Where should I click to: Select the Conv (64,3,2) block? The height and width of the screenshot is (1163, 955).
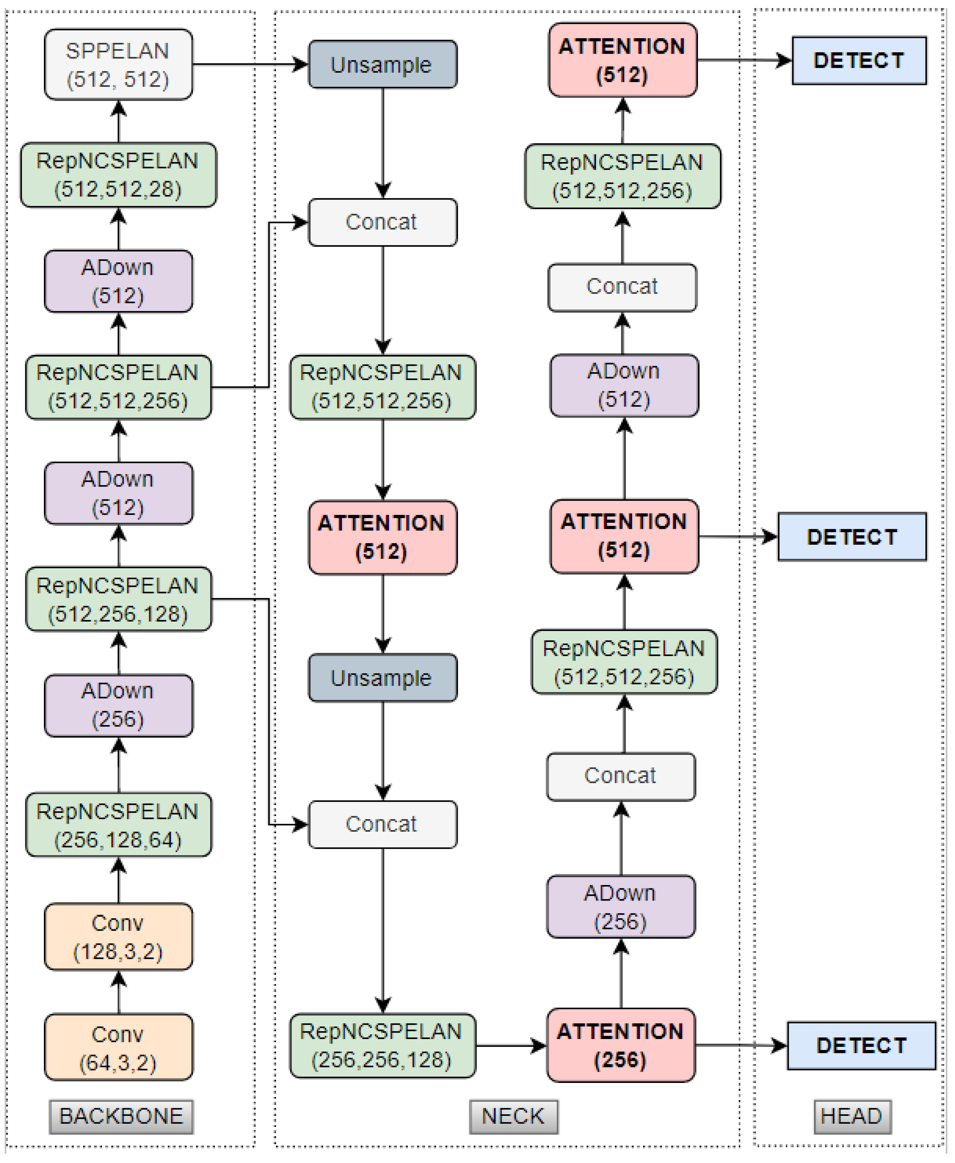click(x=118, y=1048)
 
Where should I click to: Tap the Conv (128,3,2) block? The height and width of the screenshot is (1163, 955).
click(x=118, y=936)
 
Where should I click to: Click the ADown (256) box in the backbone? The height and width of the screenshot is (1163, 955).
click(x=118, y=705)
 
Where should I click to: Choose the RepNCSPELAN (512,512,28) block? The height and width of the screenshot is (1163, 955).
click(x=118, y=175)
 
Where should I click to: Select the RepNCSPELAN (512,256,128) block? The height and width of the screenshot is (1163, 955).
click(x=118, y=599)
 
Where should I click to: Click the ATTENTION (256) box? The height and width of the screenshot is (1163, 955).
click(x=621, y=1045)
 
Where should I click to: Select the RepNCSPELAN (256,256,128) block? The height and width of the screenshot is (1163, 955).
click(x=382, y=1045)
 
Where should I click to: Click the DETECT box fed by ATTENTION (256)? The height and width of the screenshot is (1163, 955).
click(x=861, y=1045)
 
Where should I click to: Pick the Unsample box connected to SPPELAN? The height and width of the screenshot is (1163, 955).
click(x=382, y=64)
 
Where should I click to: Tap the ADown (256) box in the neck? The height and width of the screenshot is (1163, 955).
click(x=621, y=907)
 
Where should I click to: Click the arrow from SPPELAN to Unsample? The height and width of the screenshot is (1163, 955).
click(x=250, y=64)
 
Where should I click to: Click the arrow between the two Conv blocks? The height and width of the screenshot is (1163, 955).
click(x=119, y=992)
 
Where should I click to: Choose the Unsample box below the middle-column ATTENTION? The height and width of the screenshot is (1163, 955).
click(x=382, y=678)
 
